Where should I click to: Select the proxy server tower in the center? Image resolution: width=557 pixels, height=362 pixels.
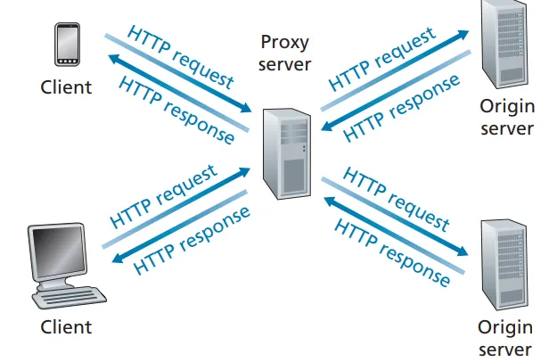coord(287,152)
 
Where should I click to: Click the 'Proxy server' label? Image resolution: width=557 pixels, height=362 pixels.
coord(286,53)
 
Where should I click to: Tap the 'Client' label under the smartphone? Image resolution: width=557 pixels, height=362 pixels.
coord(66,86)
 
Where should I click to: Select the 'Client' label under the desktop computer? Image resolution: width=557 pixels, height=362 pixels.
coord(66,327)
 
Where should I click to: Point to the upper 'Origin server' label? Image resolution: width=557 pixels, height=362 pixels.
coord(507,117)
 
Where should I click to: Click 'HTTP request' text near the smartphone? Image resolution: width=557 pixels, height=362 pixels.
coord(181,57)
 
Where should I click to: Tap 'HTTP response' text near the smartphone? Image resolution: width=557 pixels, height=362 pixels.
coord(176,111)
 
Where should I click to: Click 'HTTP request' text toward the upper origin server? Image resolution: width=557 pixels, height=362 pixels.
coord(383,59)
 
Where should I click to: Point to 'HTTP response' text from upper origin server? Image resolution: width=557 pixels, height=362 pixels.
coord(402,107)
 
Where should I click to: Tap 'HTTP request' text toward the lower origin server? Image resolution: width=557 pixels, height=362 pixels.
coord(397,197)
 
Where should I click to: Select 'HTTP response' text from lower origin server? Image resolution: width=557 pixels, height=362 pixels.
coord(392,252)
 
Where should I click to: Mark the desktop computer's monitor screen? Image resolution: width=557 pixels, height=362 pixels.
coord(58,251)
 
